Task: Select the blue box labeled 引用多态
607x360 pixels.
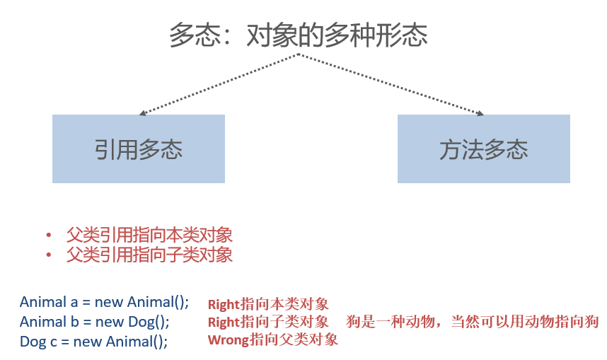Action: [139, 149]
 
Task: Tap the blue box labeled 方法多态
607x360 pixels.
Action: [484, 149]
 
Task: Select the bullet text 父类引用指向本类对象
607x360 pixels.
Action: [149, 235]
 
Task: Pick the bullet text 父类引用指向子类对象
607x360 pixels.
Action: [149, 255]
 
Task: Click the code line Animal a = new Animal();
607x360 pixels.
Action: [104, 302]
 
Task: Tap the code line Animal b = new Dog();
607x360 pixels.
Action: [95, 322]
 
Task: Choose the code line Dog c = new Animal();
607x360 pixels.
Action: [93, 341]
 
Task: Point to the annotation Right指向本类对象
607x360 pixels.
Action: [268, 305]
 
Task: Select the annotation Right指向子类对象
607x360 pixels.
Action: [268, 323]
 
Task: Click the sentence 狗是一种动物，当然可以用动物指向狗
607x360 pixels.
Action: [473, 323]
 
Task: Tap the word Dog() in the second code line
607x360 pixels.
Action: [149, 322]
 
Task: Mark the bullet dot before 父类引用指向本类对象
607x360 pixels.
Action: [49, 236]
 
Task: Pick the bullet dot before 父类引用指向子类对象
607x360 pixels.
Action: [49, 255]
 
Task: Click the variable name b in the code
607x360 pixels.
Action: [73, 322]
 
